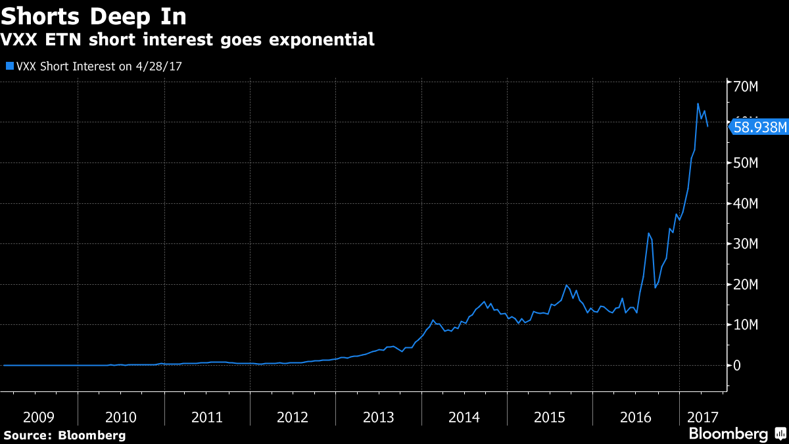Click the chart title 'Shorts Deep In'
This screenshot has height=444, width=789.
(93, 15)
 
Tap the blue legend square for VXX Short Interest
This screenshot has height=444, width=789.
(9, 66)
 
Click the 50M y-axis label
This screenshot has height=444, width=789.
(747, 163)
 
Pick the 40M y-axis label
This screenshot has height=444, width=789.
(747, 204)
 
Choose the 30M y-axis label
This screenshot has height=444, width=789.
(747, 244)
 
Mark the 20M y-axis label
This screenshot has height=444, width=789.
(747, 285)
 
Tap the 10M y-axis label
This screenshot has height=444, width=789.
(747, 325)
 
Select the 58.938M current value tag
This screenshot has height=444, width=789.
(759, 127)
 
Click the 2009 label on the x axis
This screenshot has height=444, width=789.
(39, 417)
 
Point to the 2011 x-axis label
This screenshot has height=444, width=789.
(207, 417)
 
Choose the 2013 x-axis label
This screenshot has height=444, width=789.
(378, 417)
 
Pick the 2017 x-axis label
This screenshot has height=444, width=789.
(703, 417)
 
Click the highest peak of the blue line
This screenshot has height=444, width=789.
(698, 104)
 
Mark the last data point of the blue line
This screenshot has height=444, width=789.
(707, 126)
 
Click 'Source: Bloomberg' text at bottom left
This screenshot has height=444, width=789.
(64, 435)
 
